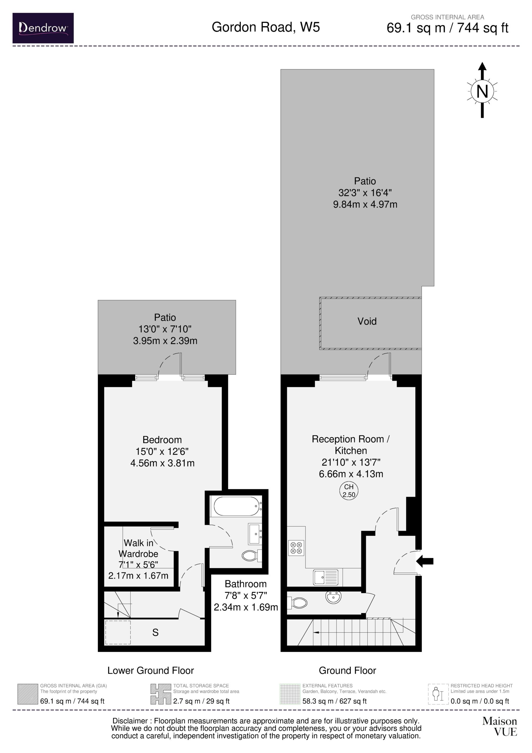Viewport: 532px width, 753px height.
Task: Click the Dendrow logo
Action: pos(43,28)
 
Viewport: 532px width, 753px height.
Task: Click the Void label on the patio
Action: pos(367,321)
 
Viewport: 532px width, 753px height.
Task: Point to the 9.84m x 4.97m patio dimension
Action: pos(365,204)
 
